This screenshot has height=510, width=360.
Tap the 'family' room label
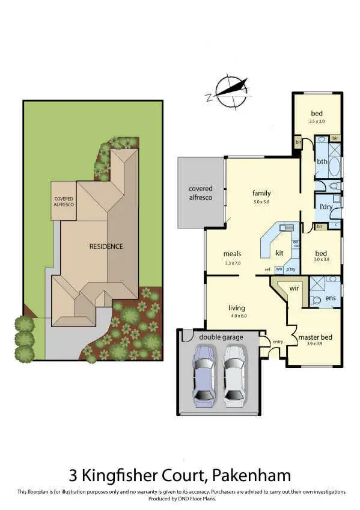[x=261, y=193]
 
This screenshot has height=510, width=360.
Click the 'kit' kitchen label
[x=279, y=253]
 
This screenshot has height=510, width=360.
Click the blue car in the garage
[x=203, y=377]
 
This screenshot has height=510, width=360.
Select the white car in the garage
[x=234, y=377]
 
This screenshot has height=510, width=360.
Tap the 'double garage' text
[x=221, y=337]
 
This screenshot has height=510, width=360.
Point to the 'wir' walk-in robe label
[x=294, y=288]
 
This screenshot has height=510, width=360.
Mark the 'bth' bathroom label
[x=322, y=161]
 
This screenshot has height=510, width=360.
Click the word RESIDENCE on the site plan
[x=106, y=246]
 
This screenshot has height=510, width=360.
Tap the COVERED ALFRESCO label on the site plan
[x=64, y=201]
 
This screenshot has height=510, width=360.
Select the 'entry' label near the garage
[x=277, y=342]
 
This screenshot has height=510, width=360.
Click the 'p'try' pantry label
[x=291, y=269]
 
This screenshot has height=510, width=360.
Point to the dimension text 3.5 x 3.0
[x=317, y=121]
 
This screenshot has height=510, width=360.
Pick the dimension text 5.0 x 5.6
[x=261, y=202]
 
